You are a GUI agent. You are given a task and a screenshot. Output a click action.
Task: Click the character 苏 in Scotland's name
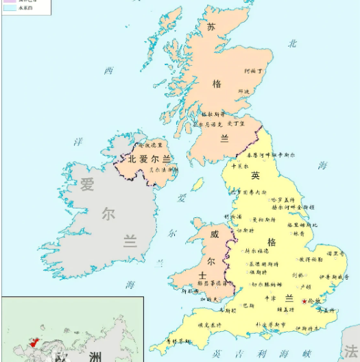(211, 27)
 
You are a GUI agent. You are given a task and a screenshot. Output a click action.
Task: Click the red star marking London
(304, 302)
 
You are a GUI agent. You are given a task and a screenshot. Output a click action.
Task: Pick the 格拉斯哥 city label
(212, 114)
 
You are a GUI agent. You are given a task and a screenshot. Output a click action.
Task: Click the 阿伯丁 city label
(254, 70)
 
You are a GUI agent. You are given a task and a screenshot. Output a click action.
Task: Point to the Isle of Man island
(197, 184)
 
